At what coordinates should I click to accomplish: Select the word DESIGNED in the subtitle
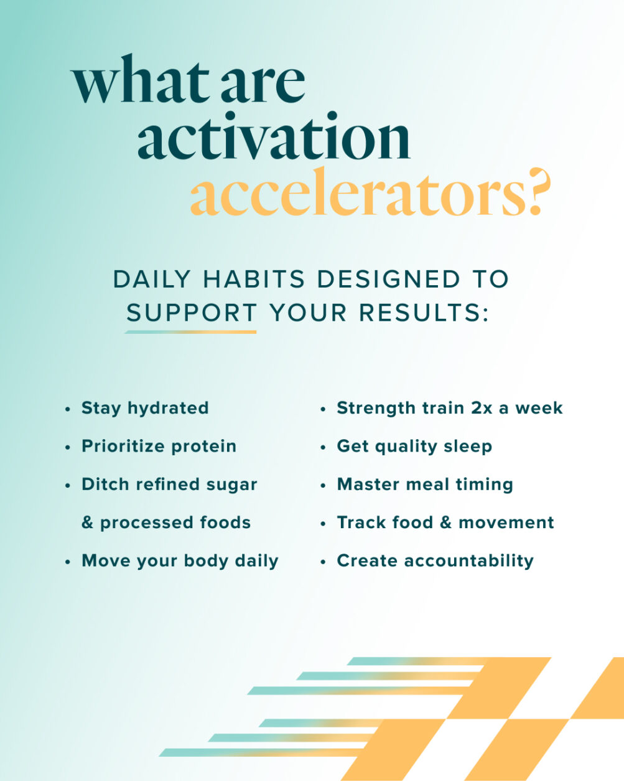[389, 280]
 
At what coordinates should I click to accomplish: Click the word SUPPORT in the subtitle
[192, 313]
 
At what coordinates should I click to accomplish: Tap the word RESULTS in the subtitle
[420, 313]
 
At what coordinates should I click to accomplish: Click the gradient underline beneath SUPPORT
[190, 332]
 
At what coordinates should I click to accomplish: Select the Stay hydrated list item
[145, 409]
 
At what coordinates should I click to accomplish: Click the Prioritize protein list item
[159, 447]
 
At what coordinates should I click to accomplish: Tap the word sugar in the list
[231, 485]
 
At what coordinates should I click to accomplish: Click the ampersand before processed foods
[87, 523]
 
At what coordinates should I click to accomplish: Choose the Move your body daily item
[180, 561]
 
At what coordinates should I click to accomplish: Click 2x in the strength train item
[482, 409]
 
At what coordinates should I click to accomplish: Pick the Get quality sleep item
[414, 447]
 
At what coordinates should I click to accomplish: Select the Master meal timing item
[425, 485]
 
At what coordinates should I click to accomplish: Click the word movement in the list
[506, 523]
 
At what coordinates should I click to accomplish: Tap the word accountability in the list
[469, 561]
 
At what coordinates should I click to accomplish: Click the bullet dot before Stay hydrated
[67, 409]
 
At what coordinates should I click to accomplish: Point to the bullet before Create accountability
[323, 562]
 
